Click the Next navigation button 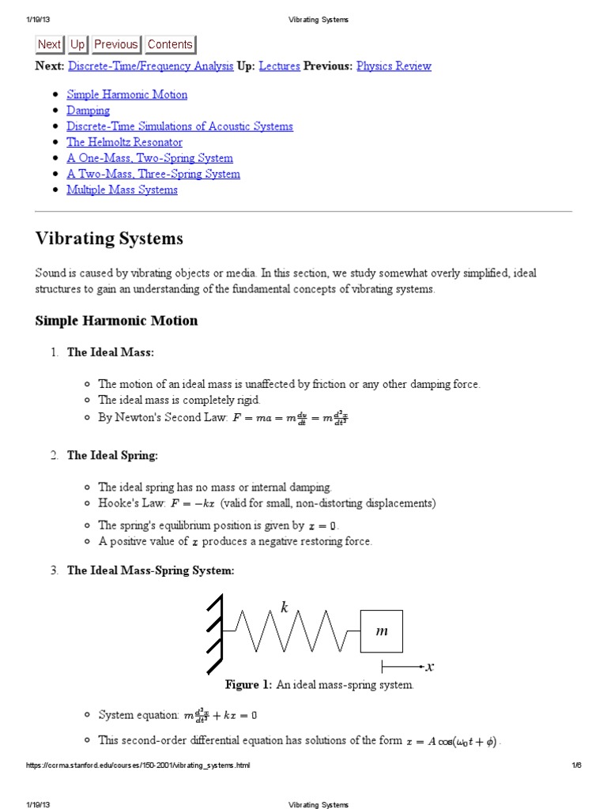point(49,45)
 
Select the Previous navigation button point(115,45)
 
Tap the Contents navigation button point(169,45)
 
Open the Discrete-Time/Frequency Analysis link point(151,66)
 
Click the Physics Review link point(394,66)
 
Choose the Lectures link point(279,66)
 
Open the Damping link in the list point(88,111)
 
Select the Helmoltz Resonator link point(124,142)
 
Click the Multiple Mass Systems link point(122,190)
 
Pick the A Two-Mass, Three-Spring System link point(153,174)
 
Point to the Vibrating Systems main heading point(109,239)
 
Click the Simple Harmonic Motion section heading point(116,321)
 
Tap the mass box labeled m point(382,631)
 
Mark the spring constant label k point(285,607)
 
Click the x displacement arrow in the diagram point(406,667)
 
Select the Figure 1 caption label point(248,685)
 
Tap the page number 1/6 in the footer point(575,766)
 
